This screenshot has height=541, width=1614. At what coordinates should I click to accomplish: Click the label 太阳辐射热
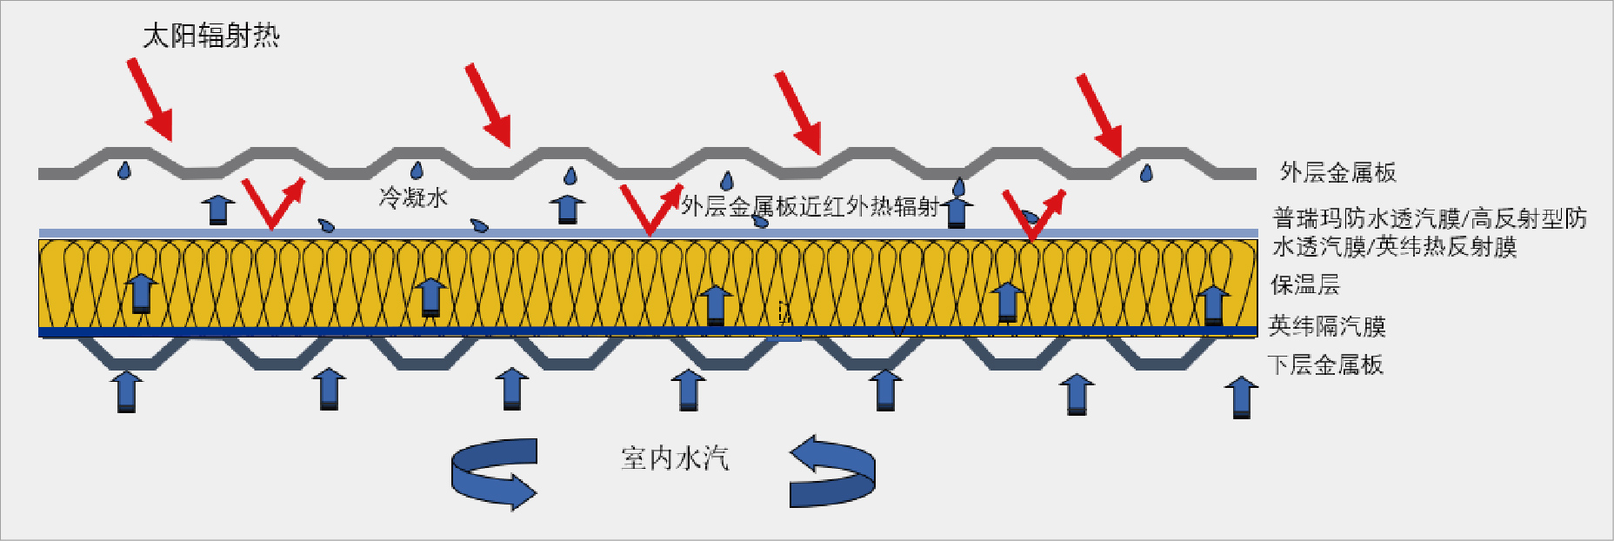[x=211, y=36]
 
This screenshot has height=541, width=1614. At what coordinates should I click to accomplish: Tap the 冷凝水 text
[x=413, y=197]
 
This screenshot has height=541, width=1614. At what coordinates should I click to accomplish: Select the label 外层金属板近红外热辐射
[x=810, y=206]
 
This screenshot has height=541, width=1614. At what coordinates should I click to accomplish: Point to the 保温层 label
[x=1304, y=284]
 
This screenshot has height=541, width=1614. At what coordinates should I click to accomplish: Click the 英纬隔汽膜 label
[x=1327, y=326]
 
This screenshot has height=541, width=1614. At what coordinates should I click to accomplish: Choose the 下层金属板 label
[x=1325, y=364]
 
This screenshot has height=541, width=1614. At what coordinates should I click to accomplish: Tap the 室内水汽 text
[x=675, y=458]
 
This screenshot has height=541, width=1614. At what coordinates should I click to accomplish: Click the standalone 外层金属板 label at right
[x=1337, y=172]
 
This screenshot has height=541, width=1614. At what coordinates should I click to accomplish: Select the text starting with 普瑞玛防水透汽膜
[x=1429, y=232]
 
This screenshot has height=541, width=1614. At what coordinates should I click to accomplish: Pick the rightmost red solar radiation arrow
[x=1099, y=115]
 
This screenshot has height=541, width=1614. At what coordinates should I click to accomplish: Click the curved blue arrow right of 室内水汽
[x=832, y=471]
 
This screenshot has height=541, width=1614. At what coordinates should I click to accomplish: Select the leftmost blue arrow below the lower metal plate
[x=127, y=391]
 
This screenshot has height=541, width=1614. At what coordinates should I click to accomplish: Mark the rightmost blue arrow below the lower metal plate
[x=1241, y=397]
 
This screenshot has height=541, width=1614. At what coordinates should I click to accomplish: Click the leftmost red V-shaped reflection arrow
[x=273, y=204]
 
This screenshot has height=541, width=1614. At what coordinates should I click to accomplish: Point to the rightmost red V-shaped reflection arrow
[x=1033, y=214]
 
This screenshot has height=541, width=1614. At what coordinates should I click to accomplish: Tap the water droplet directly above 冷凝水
[x=417, y=170]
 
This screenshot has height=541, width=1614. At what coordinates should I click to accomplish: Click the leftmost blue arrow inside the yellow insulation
[x=141, y=293]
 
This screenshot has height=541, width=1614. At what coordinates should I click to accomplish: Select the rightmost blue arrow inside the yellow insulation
[x=1213, y=304]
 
